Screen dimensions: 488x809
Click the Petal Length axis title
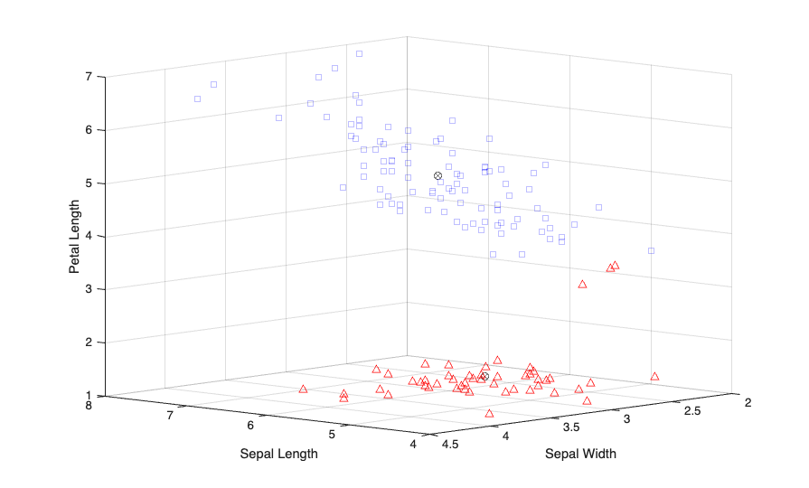(74, 237)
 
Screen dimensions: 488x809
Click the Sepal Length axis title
(278, 454)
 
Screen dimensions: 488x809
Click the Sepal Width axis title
(580, 454)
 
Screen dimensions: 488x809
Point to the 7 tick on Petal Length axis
(88, 77)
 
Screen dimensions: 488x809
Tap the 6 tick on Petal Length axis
(88, 130)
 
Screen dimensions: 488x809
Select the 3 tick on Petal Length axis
(88, 289)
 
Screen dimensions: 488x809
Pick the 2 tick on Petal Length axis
(88, 343)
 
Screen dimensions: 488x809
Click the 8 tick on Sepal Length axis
(88, 406)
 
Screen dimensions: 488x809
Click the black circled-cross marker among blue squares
(437, 175)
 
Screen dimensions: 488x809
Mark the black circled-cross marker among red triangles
(484, 376)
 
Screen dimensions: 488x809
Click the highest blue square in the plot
(359, 54)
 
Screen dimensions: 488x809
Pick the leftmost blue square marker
(197, 99)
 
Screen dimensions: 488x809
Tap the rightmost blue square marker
(651, 250)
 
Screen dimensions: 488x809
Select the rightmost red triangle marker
(654, 377)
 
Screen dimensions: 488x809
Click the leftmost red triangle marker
(303, 389)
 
